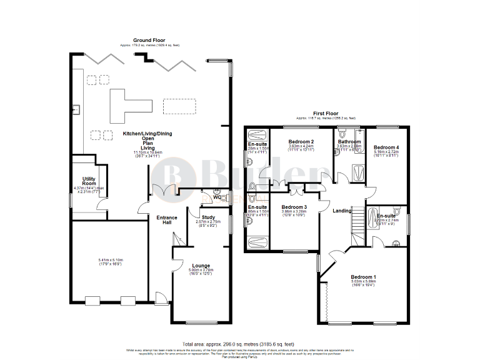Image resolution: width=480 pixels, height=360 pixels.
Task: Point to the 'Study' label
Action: click(209, 216)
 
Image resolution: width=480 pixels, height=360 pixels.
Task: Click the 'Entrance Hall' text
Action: click(167, 221)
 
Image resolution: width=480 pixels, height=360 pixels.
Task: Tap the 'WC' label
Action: click(216, 198)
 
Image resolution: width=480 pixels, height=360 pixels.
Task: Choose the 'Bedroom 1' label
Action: click(363, 276)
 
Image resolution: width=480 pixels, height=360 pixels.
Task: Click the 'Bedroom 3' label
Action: click(294, 207)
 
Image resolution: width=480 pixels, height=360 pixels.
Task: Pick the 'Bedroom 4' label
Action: click(386, 146)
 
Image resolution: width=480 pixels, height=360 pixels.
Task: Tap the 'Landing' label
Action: click(342, 210)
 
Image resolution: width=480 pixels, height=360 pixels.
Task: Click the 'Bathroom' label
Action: click(349, 142)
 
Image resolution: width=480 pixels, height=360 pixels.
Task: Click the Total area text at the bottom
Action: click(239, 344)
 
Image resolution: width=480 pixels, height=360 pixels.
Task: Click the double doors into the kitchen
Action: click(162, 189)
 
